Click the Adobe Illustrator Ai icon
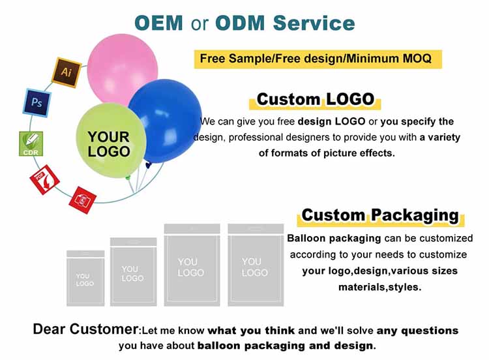tap(66, 72)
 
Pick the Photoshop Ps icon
tap(37, 101)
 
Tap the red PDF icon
tap(45, 179)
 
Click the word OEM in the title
tap(159, 22)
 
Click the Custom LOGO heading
tap(316, 99)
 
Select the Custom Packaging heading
tap(380, 215)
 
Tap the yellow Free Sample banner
tap(316, 58)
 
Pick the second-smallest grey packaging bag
tap(133, 271)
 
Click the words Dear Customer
tap(86, 329)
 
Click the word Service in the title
tap(314, 22)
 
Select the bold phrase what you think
tap(251, 330)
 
